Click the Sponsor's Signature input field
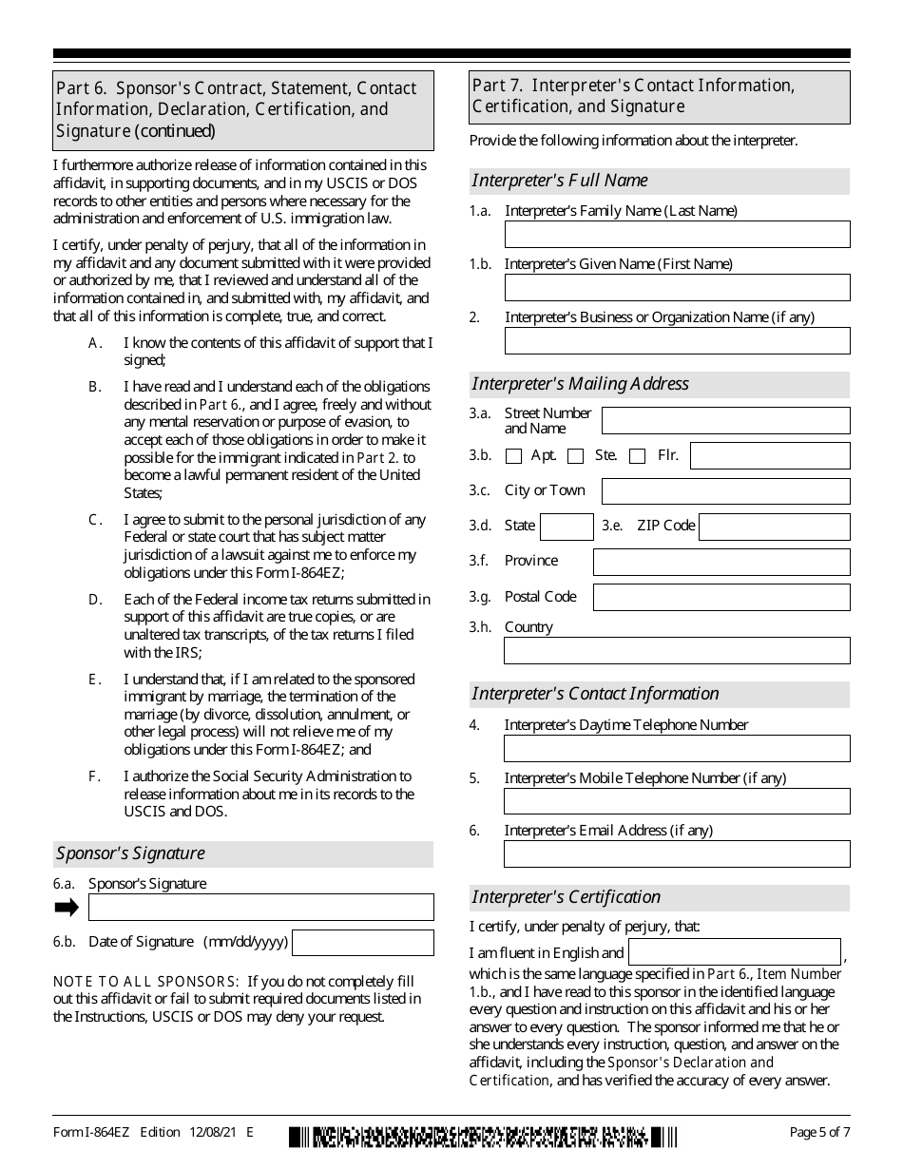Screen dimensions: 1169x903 260,908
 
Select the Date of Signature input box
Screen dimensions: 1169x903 362,943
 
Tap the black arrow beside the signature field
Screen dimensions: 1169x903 67,908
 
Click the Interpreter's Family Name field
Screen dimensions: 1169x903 677,235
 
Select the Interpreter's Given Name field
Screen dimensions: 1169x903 677,288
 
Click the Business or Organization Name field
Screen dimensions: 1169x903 677,341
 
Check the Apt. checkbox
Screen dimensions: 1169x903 514,456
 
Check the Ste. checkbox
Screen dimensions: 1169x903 575,456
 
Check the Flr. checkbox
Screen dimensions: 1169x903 638,456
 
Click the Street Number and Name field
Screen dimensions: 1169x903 725,421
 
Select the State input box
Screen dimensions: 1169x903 567,527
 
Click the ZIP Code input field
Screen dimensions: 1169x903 774,527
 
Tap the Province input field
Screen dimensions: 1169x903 721,562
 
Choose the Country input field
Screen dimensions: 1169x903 677,651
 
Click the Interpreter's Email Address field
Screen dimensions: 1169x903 677,854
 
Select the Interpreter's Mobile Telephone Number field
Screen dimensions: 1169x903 677,802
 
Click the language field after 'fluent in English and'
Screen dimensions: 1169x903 735,952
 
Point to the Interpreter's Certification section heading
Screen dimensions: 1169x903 567,897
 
